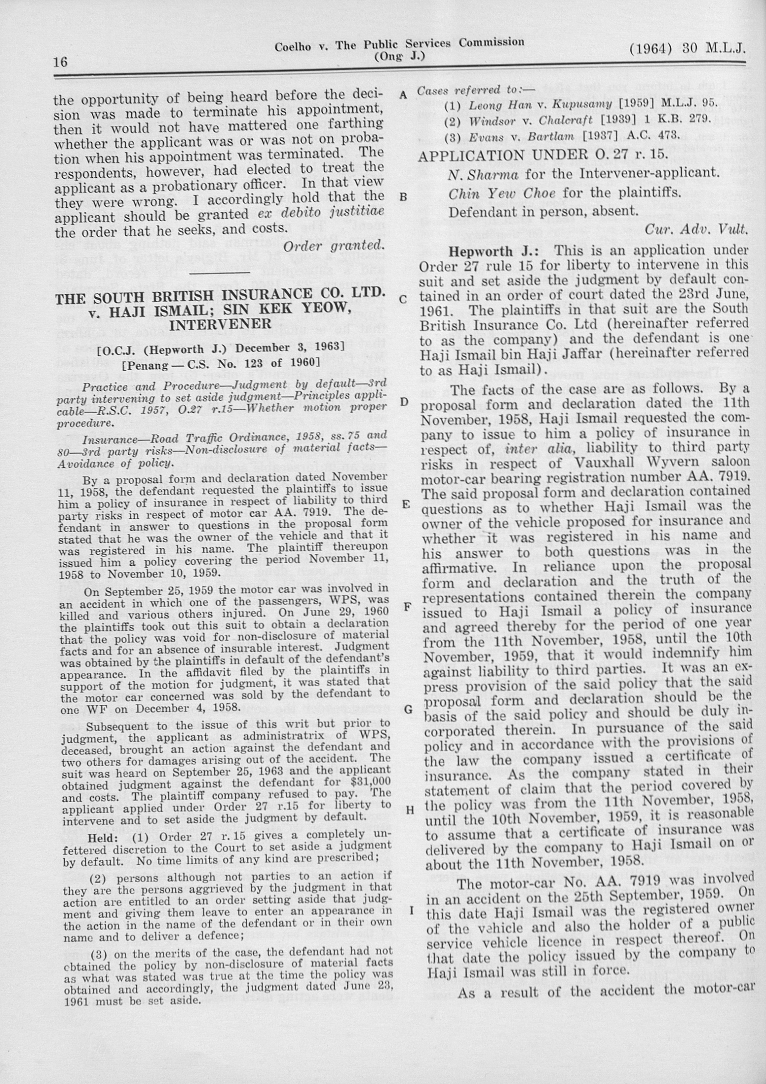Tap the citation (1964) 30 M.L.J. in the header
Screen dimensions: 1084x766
tap(687, 49)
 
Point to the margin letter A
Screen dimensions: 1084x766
tap(403, 95)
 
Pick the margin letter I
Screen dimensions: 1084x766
tap(411, 910)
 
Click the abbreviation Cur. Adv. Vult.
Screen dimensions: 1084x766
tap(696, 230)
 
